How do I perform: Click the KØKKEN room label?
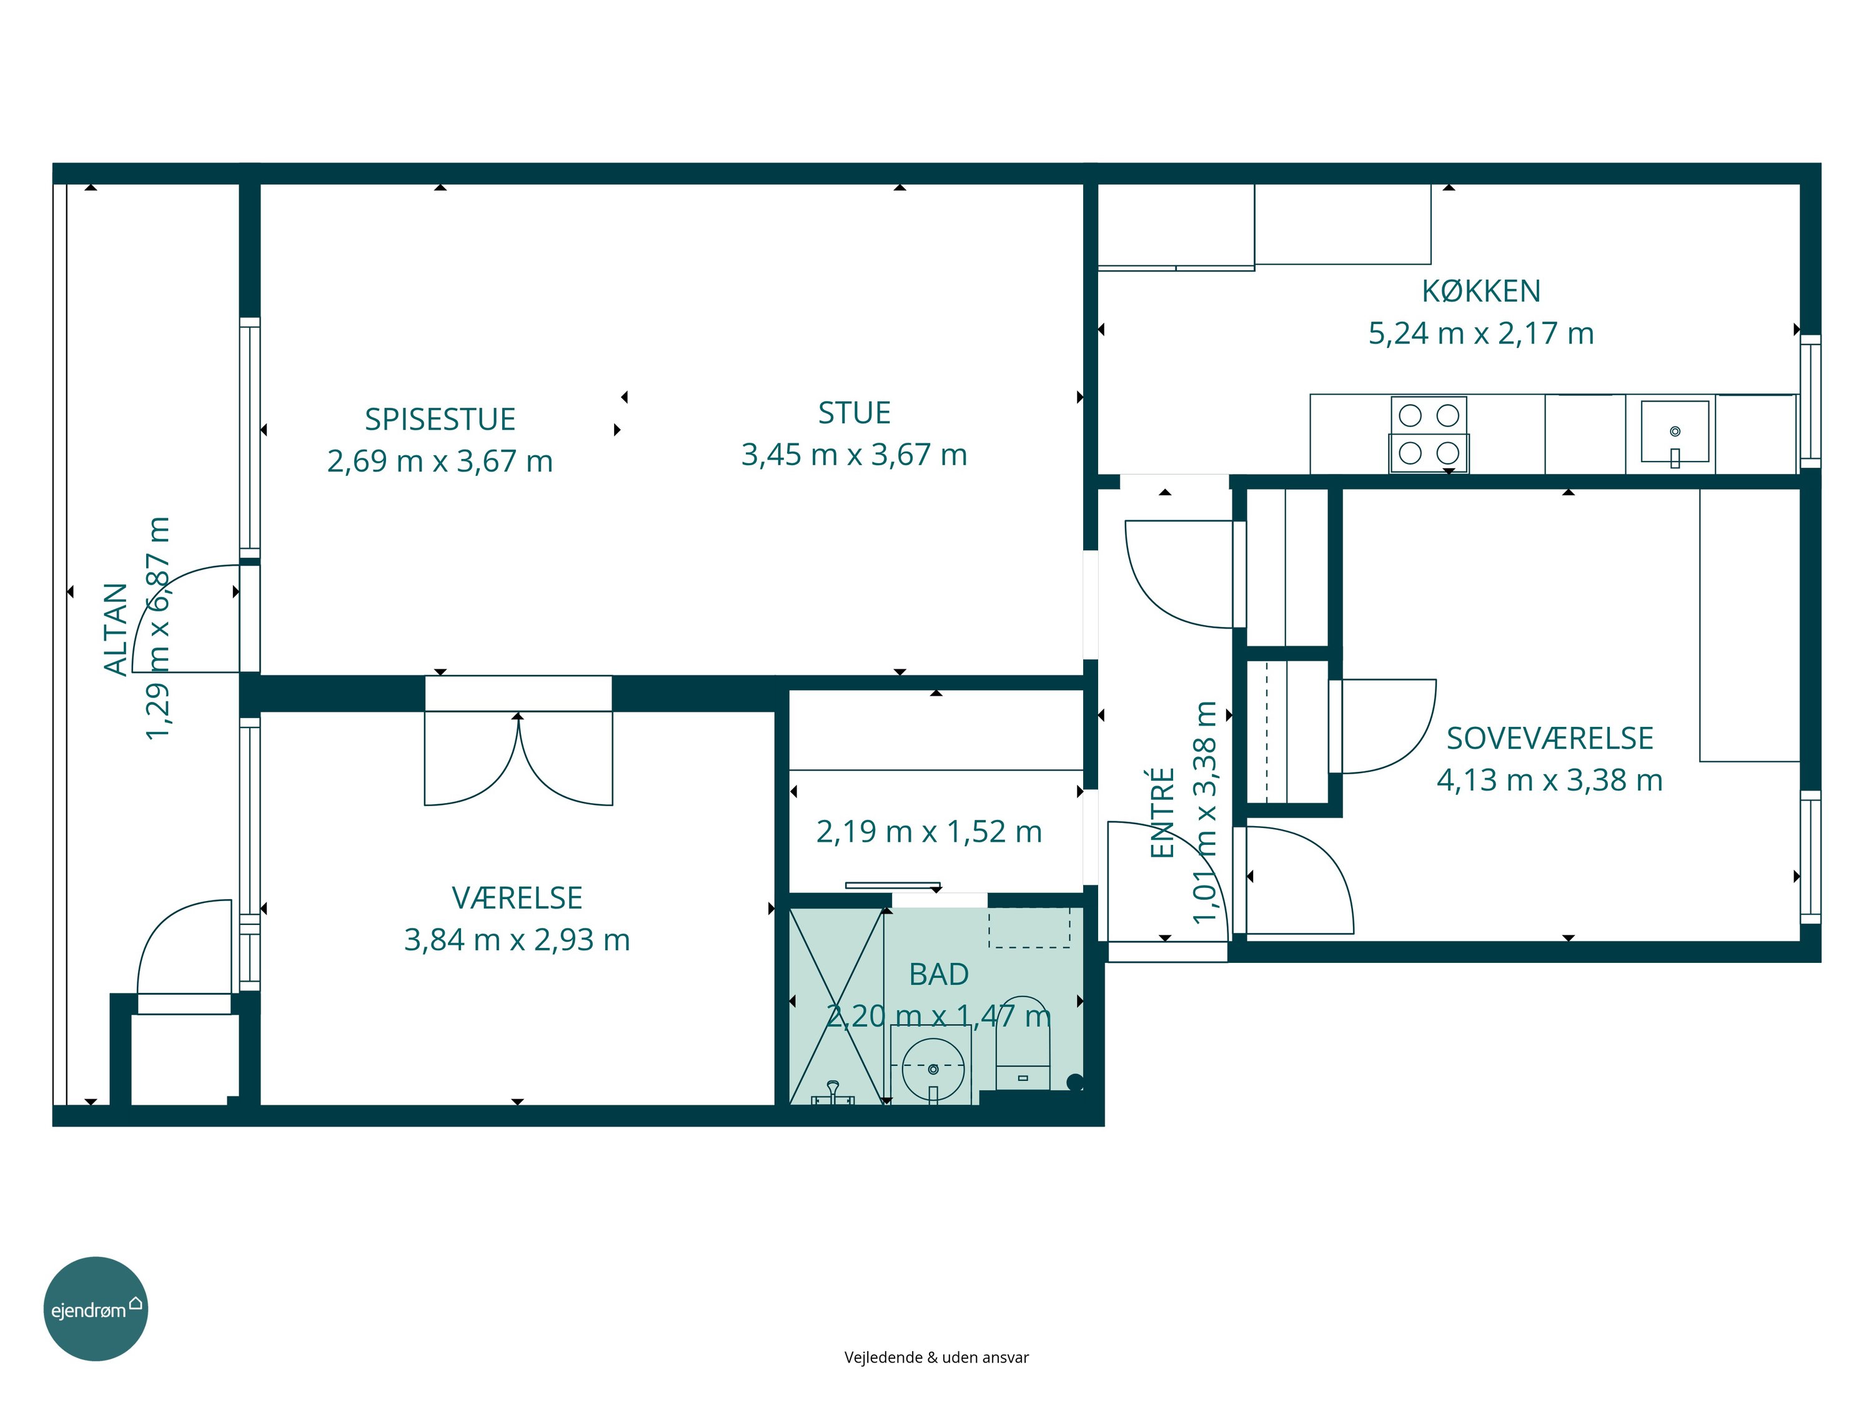pyautogui.click(x=1481, y=292)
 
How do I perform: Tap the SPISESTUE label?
pyautogui.click(x=440, y=419)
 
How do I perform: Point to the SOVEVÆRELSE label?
pyautogui.click(x=1550, y=739)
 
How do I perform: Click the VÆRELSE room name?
pyautogui.click(x=517, y=898)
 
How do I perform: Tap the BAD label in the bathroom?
pyautogui.click(x=939, y=975)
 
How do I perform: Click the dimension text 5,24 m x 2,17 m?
pyautogui.click(x=1481, y=333)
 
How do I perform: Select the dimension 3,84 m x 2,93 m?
pyautogui.click(x=517, y=940)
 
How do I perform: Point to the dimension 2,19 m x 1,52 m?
pyautogui.click(x=928, y=832)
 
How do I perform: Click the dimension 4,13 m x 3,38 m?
pyautogui.click(x=1550, y=780)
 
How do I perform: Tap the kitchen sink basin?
pyautogui.click(x=1675, y=432)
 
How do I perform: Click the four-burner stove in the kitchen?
pyautogui.click(x=1429, y=435)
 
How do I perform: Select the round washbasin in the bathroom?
pyautogui.click(x=933, y=1069)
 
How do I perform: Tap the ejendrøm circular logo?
pyautogui.click(x=96, y=1308)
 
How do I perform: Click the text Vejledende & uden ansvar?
pyautogui.click(x=936, y=1358)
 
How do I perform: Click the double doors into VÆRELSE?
pyautogui.click(x=518, y=759)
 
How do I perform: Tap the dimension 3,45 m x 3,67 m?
pyautogui.click(x=854, y=455)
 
